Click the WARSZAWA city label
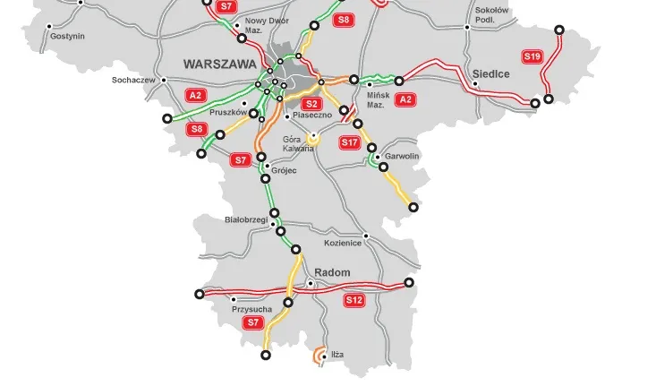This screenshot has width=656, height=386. pyautogui.click(x=218, y=64)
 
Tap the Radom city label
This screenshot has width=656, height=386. pyautogui.click(x=332, y=272)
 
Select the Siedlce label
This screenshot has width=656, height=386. pyautogui.click(x=491, y=74)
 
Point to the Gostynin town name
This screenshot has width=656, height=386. pyautogui.click(x=67, y=36)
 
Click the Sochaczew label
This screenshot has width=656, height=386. pyautogui.click(x=133, y=80)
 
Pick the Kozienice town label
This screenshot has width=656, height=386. pyautogui.click(x=342, y=243)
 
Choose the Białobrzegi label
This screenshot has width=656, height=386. pyautogui.click(x=245, y=219)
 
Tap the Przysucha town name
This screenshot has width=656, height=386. pyautogui.click(x=251, y=309)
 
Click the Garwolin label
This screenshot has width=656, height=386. pyautogui.click(x=402, y=156)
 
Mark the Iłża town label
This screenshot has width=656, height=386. pyautogui.click(x=337, y=355)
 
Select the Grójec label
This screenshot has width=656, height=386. pyautogui.click(x=284, y=167)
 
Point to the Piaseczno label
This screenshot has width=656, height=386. pyautogui.click(x=312, y=116)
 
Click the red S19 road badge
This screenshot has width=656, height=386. pyautogui.click(x=532, y=56)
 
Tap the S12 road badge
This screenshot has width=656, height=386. pyautogui.click(x=354, y=301)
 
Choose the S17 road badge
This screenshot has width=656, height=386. pyautogui.click(x=350, y=142)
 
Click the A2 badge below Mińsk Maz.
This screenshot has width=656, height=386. pyautogui.click(x=405, y=99)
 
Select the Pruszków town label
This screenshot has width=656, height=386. pyautogui.click(x=227, y=113)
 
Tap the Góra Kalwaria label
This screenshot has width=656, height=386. pyautogui.click(x=298, y=143)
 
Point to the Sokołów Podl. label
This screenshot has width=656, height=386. pyautogui.click(x=492, y=13)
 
